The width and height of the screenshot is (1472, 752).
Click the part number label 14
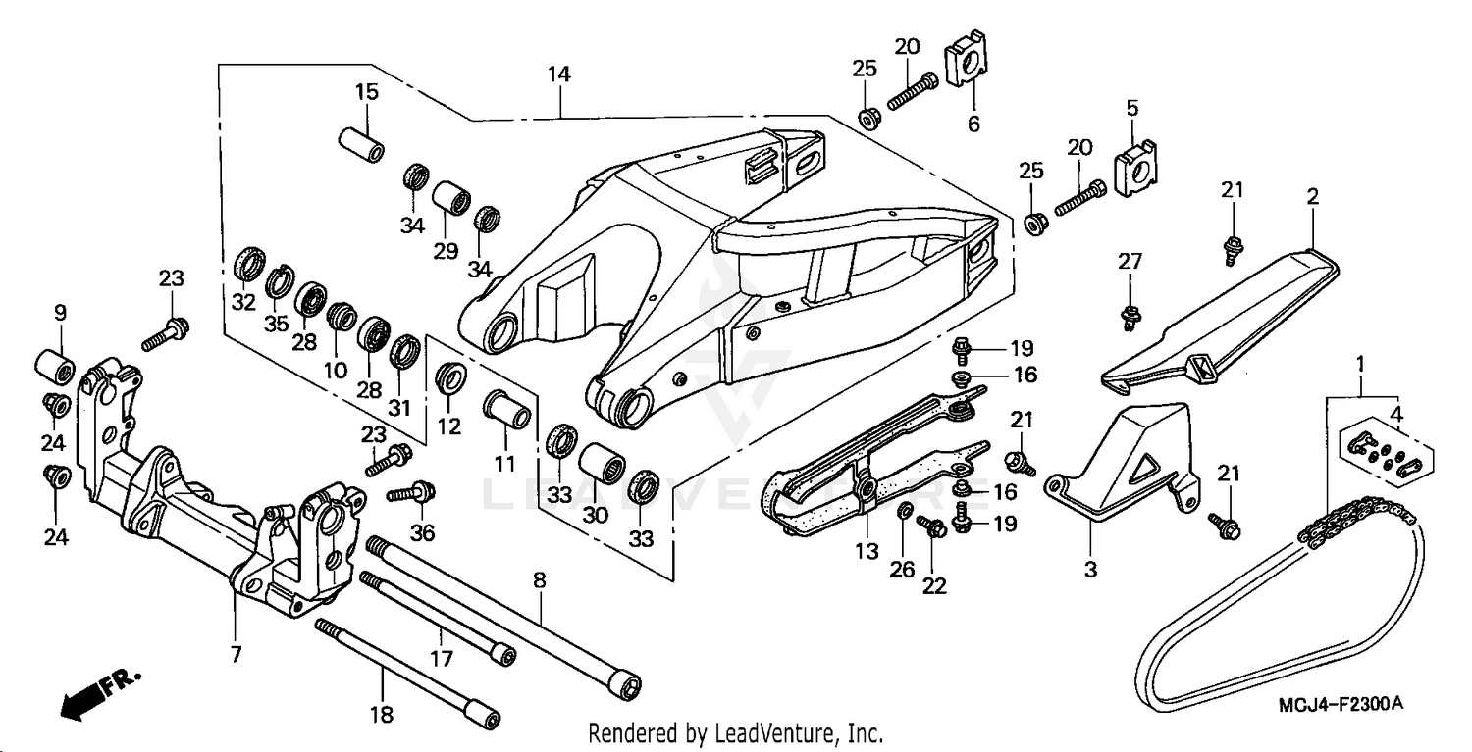click(x=558, y=75)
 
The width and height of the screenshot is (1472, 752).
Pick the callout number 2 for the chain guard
click(x=1312, y=197)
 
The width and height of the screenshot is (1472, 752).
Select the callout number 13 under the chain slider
click(x=866, y=552)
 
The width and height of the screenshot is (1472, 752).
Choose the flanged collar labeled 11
click(x=508, y=414)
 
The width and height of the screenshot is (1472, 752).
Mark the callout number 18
click(x=381, y=715)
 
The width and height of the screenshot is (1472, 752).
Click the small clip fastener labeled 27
click(x=1130, y=315)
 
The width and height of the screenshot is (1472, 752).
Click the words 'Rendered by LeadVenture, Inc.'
click(x=735, y=733)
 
